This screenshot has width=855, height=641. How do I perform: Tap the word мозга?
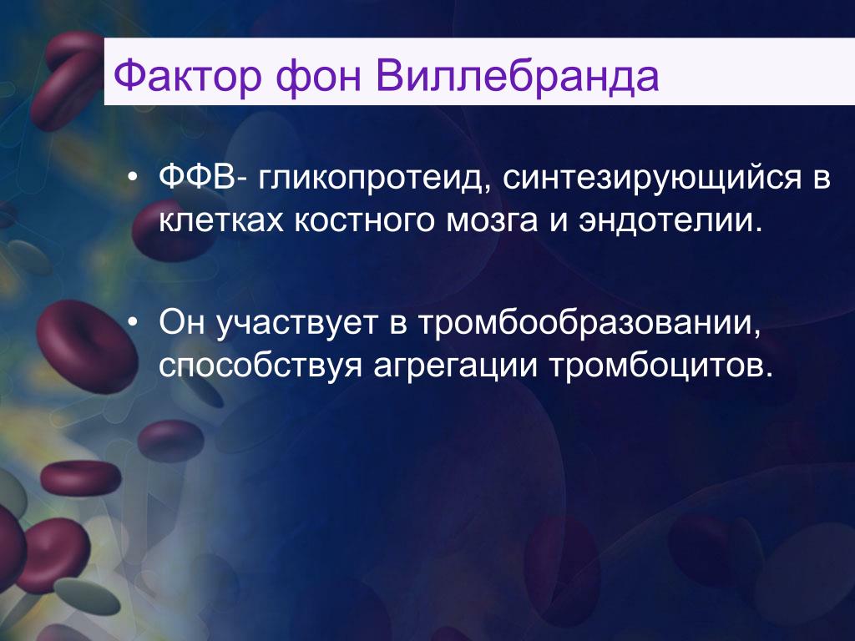click(x=492, y=220)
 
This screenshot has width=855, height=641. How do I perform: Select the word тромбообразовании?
click(x=589, y=323)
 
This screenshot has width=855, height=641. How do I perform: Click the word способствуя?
click(x=261, y=366)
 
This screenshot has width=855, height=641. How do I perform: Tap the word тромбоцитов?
click(x=661, y=366)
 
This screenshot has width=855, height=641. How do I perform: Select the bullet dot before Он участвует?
click(x=132, y=323)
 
